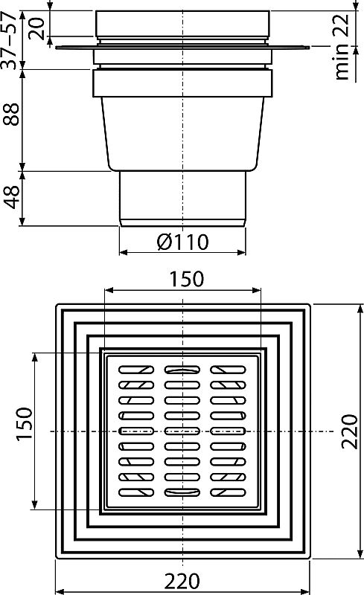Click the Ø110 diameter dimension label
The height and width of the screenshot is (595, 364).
coord(183,241)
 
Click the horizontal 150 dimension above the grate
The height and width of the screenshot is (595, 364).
coord(183,279)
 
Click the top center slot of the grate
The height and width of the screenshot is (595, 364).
coord(183,369)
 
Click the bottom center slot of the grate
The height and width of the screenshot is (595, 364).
coord(183,492)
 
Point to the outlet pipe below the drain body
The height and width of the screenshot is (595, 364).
coord(183,197)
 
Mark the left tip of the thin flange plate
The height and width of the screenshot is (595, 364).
coord(57,49)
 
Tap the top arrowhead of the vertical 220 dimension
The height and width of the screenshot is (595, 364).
coord(328,306)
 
